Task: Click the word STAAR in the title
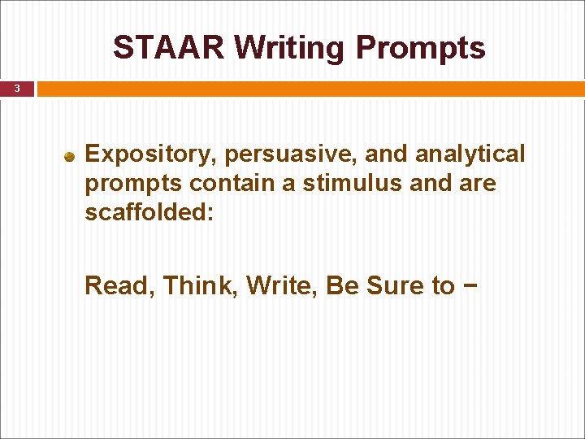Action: click(169, 48)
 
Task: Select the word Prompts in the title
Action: click(421, 48)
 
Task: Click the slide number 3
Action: click(16, 89)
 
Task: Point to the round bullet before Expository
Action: click(71, 155)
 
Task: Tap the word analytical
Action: click(470, 154)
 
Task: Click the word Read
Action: click(119, 286)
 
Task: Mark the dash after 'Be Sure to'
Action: click(470, 286)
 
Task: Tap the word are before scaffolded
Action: click(477, 184)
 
